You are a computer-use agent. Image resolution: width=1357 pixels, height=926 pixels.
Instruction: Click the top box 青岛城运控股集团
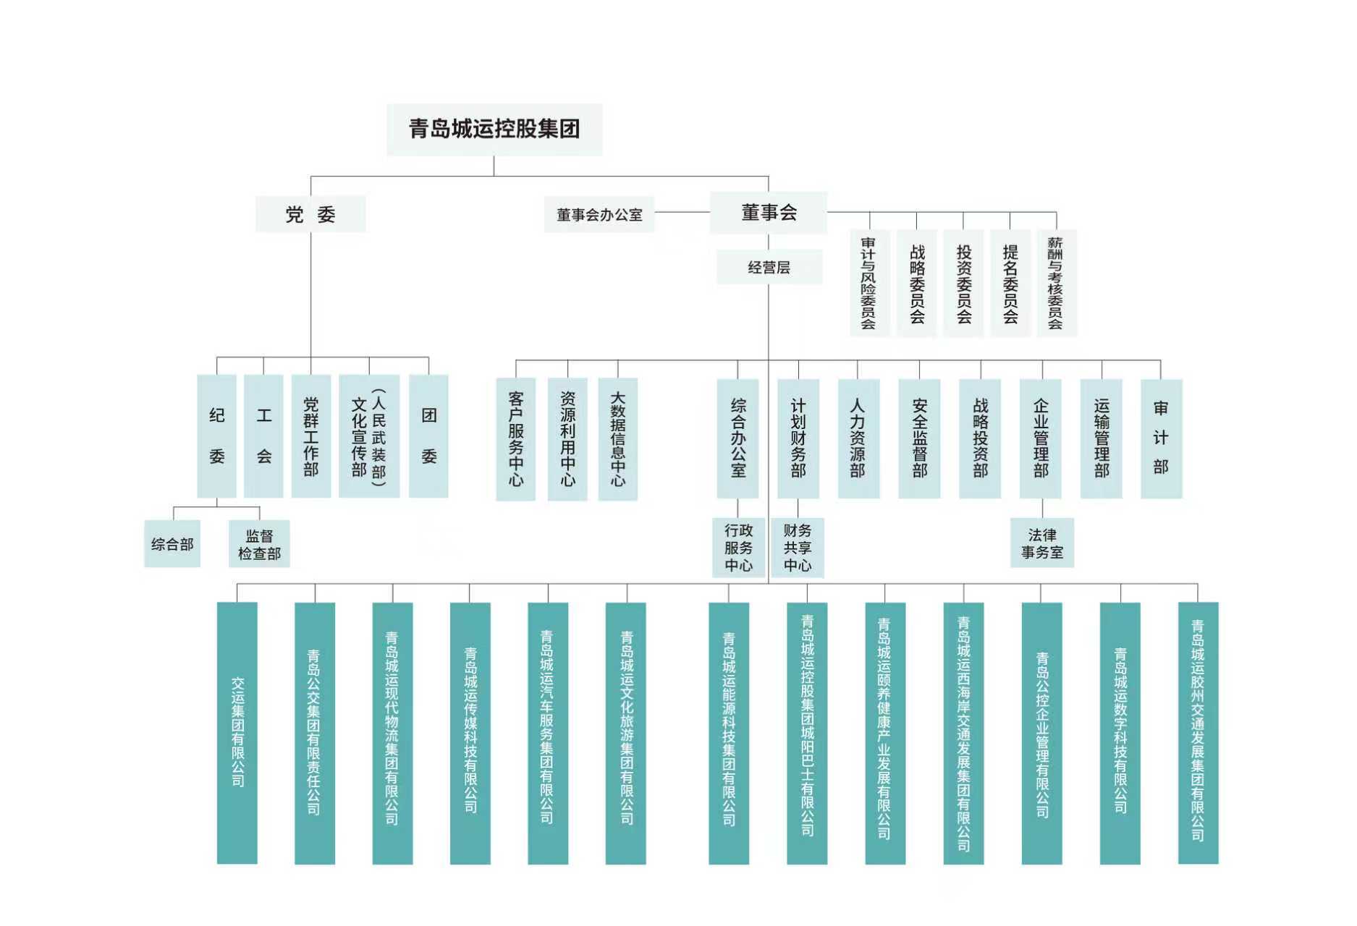pyautogui.click(x=494, y=129)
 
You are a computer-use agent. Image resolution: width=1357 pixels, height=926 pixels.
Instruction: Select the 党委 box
pyautogui.click(x=310, y=214)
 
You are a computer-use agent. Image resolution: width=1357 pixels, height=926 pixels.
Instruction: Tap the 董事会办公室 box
pyautogui.click(x=599, y=215)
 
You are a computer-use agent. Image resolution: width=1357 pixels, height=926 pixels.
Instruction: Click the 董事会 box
pyautogui.click(x=769, y=213)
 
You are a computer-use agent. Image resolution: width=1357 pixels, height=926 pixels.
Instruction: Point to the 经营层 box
pyautogui.click(x=769, y=267)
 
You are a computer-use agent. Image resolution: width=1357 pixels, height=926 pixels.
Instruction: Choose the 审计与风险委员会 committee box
pyautogui.click(x=868, y=283)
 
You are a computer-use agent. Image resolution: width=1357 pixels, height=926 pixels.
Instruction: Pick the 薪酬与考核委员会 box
pyautogui.click(x=1056, y=283)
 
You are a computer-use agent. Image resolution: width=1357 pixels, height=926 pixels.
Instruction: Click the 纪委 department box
pyautogui.click(x=216, y=436)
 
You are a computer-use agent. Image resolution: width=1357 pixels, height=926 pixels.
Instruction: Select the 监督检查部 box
pyautogui.click(x=259, y=544)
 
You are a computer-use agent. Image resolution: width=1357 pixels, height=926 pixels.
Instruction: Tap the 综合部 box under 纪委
pyautogui.click(x=172, y=544)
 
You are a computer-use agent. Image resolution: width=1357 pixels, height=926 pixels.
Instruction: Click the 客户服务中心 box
pyautogui.click(x=515, y=438)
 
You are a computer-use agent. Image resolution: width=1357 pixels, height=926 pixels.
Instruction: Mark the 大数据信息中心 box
pyautogui.click(x=617, y=438)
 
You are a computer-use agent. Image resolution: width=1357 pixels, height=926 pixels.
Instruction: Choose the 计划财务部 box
pyautogui.click(x=798, y=438)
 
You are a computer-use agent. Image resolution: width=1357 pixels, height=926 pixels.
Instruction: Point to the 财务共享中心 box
pyautogui.click(x=797, y=548)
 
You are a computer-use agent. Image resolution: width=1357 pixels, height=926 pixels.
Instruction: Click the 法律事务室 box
pyautogui.click(x=1041, y=543)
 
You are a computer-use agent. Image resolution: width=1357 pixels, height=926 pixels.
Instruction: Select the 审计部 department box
pyautogui.click(x=1161, y=438)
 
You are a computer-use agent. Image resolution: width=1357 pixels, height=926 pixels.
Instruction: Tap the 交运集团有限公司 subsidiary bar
pyautogui.click(x=237, y=732)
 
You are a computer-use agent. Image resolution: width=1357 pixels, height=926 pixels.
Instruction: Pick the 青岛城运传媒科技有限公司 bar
pyautogui.click(x=470, y=732)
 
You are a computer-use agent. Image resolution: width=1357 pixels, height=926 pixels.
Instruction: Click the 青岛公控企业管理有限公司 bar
pyautogui.click(x=1041, y=732)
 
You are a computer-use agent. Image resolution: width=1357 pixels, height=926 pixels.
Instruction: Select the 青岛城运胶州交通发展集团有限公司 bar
pyautogui.click(x=1198, y=732)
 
